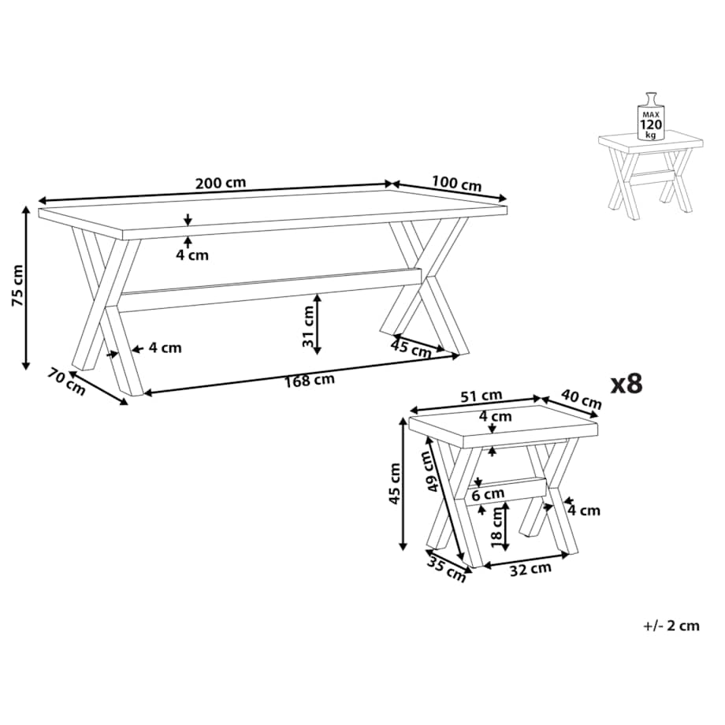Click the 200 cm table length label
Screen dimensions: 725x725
(x=221, y=183)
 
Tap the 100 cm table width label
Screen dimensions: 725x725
(x=457, y=184)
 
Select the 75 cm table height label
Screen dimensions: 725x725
(x=17, y=285)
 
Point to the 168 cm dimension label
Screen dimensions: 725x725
(x=310, y=381)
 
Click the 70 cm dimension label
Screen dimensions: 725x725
(x=66, y=381)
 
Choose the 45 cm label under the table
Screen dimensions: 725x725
(x=411, y=348)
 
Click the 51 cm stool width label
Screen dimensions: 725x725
(x=481, y=396)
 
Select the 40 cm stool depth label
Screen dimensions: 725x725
(x=582, y=399)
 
